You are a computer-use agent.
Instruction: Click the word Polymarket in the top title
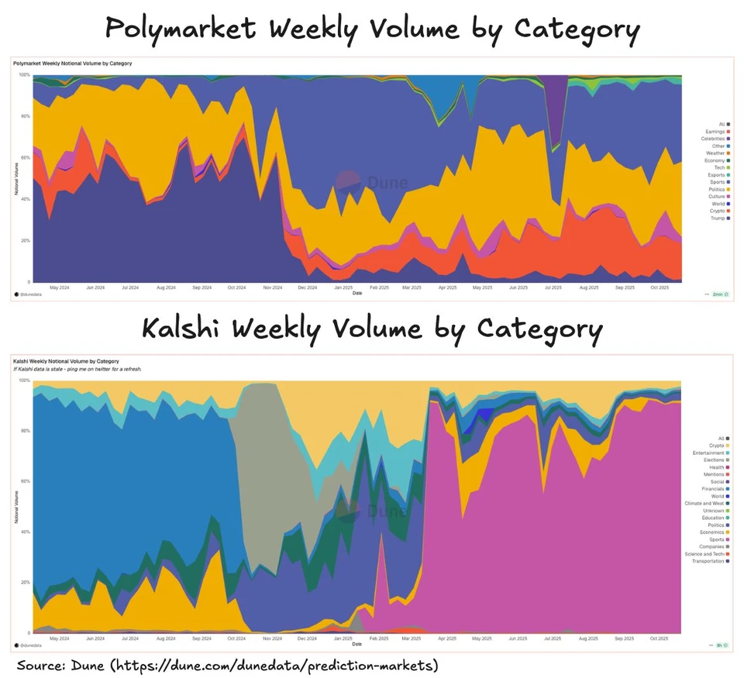(181, 29)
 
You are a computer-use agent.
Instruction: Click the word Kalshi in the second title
(183, 329)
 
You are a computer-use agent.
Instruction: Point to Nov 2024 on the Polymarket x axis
(272, 287)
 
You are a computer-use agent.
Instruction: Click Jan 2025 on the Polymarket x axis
(343, 287)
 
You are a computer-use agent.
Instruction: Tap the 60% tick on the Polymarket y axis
(24, 157)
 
